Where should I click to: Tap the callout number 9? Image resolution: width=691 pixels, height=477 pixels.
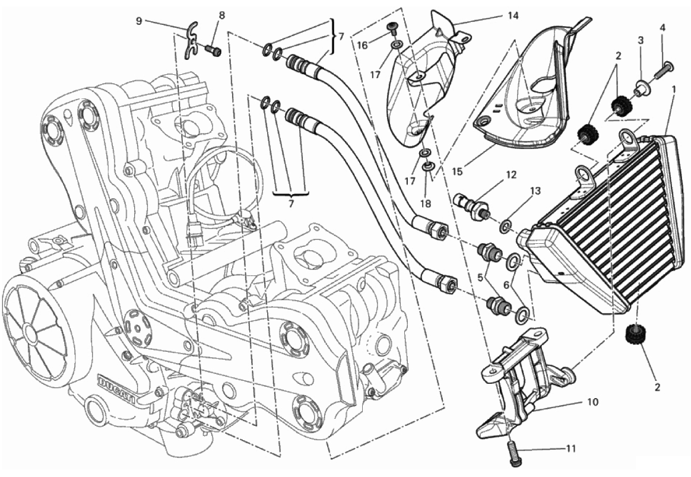pos(138,21)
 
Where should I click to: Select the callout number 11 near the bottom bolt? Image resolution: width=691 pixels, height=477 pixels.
pos(570,449)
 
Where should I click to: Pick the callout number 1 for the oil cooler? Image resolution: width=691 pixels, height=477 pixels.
pos(674,89)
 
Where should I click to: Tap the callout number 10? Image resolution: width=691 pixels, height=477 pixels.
pos(592,402)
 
